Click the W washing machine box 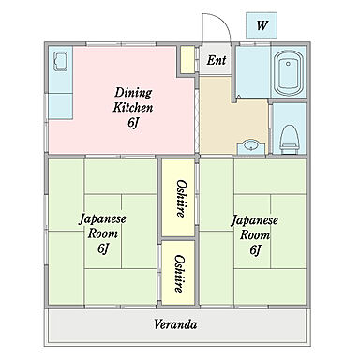[260, 24]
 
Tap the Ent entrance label [217, 61]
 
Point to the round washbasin [251, 145]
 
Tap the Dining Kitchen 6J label [133, 107]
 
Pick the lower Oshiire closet [178, 273]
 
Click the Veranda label [175, 325]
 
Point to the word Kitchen [133, 107]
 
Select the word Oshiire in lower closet [178, 273]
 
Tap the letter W [260, 24]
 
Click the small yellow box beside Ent [187, 60]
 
